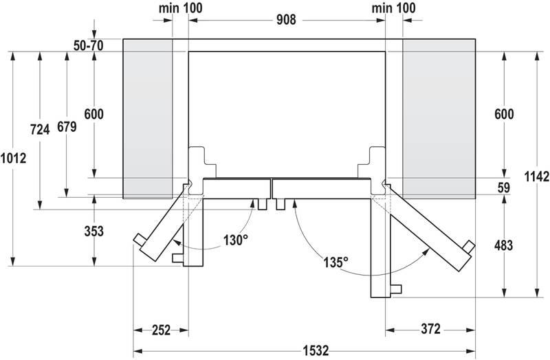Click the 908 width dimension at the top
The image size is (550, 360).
click(287, 20)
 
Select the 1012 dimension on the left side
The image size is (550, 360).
click(14, 158)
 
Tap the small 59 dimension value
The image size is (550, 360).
click(504, 187)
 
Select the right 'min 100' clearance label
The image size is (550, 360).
click(394, 8)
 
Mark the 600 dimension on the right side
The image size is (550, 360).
click(503, 115)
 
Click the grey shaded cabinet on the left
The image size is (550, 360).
click(147, 117)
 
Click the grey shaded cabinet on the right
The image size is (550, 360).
click(439, 117)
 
